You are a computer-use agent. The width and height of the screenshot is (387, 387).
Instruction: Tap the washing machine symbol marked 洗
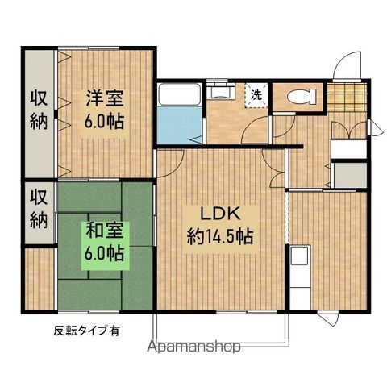(x=256, y=94)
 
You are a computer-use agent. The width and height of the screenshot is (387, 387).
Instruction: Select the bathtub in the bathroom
(x=176, y=95)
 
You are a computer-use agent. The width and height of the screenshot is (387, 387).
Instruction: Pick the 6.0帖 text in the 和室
(x=105, y=253)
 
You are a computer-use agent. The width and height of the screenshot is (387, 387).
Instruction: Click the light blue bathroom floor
(x=177, y=126)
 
